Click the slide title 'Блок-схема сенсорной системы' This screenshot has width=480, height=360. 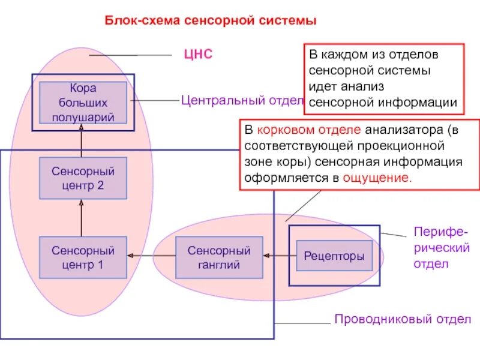pos(211,21)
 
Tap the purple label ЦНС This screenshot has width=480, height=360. pos(198,55)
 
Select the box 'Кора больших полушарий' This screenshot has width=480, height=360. pos(83,103)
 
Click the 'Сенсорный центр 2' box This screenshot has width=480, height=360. pos(83,178)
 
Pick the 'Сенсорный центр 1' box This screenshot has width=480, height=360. pos(83,257)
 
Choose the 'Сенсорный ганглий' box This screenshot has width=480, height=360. pos(219,257)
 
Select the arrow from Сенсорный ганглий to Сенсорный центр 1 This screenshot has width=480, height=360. pos(151,256)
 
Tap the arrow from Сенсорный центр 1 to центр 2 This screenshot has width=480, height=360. pos(82,218)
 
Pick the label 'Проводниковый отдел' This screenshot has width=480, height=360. pos(402,319)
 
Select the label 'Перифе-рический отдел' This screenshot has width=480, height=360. pos(442,248)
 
